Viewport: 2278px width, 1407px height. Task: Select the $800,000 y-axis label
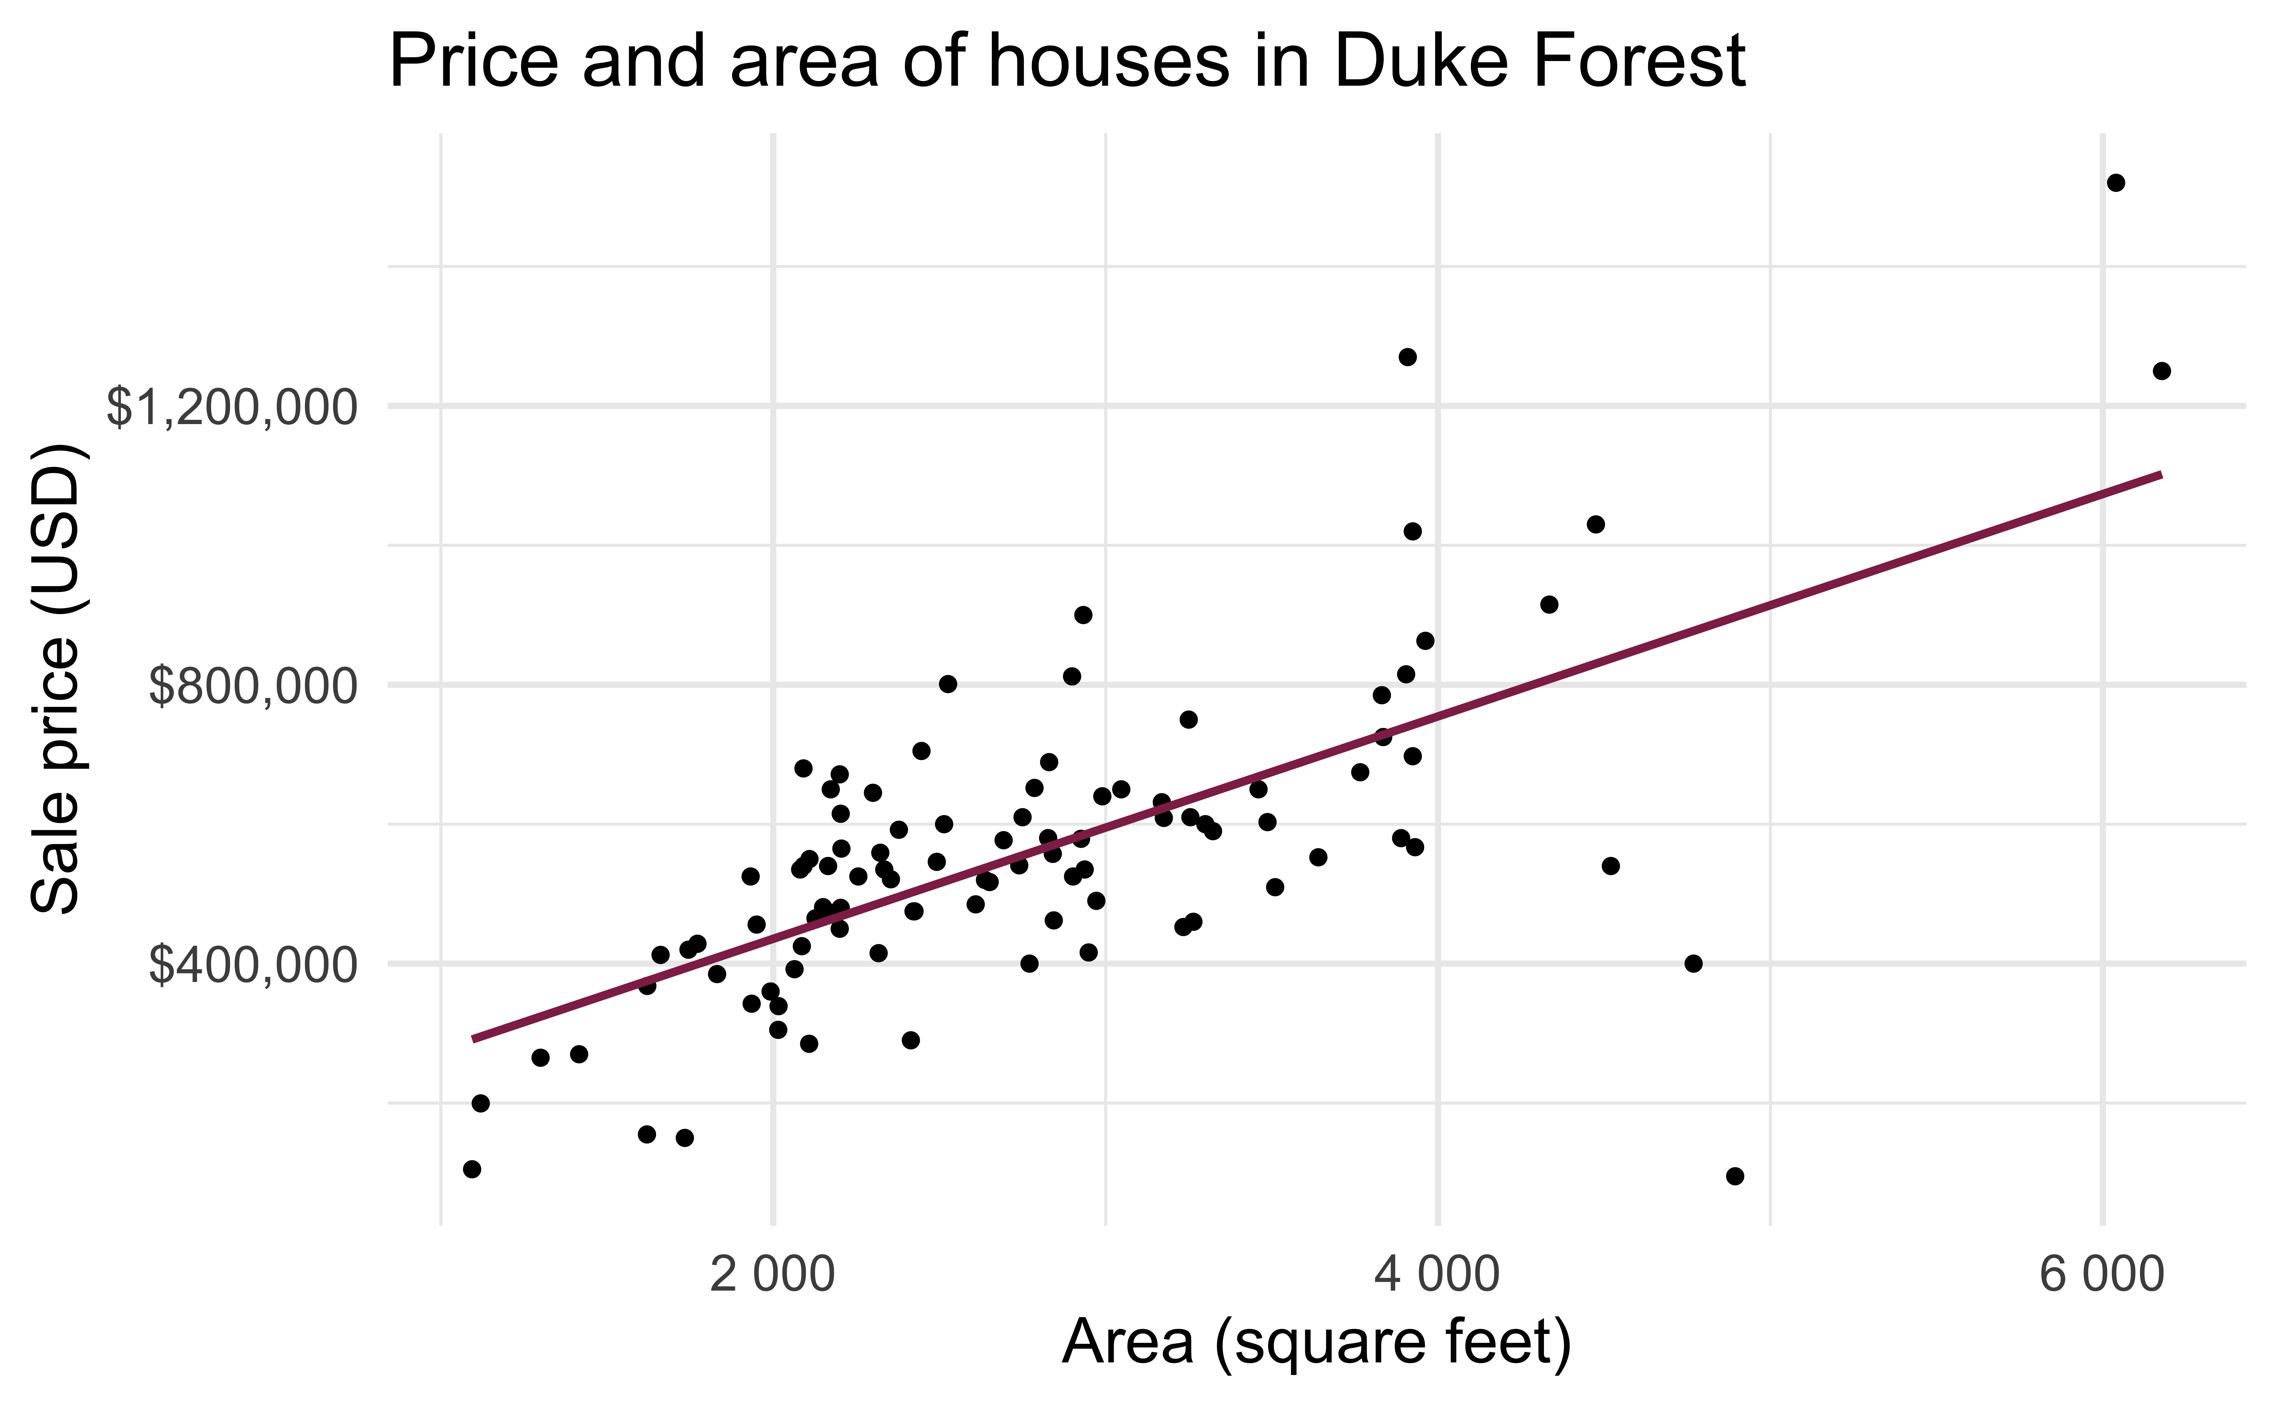point(252,687)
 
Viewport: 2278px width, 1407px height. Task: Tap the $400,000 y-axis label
point(252,965)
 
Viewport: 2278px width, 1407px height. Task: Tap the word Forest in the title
point(1639,61)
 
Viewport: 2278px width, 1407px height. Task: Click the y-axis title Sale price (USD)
point(58,679)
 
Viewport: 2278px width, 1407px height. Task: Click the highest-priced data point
point(2115,182)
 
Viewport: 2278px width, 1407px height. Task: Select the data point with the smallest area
point(472,1169)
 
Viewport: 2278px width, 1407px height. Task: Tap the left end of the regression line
point(474,1039)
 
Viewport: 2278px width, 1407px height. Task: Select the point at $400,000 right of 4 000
point(1693,963)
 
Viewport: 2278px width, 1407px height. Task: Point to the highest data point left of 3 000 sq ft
point(1083,615)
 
